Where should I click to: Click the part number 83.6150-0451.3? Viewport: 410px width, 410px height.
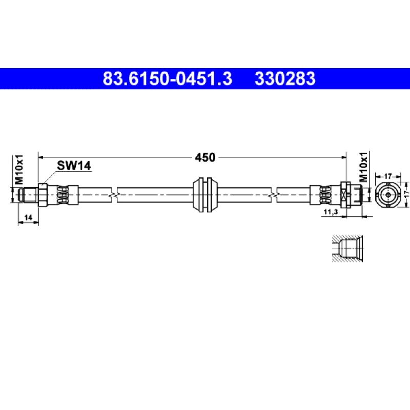click(x=168, y=79)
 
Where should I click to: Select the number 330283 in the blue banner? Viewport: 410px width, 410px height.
click(x=285, y=79)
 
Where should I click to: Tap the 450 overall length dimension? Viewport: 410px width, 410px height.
click(x=205, y=157)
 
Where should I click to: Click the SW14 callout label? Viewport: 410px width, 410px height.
click(x=74, y=166)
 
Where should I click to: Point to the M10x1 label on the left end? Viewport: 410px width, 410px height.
click(x=19, y=170)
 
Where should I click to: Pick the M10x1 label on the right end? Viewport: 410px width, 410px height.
click(x=363, y=167)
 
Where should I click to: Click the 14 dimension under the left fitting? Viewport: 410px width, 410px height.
click(x=28, y=217)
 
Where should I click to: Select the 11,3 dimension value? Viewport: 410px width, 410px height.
click(x=331, y=212)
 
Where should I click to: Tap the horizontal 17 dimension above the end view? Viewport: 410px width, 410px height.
click(x=388, y=176)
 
